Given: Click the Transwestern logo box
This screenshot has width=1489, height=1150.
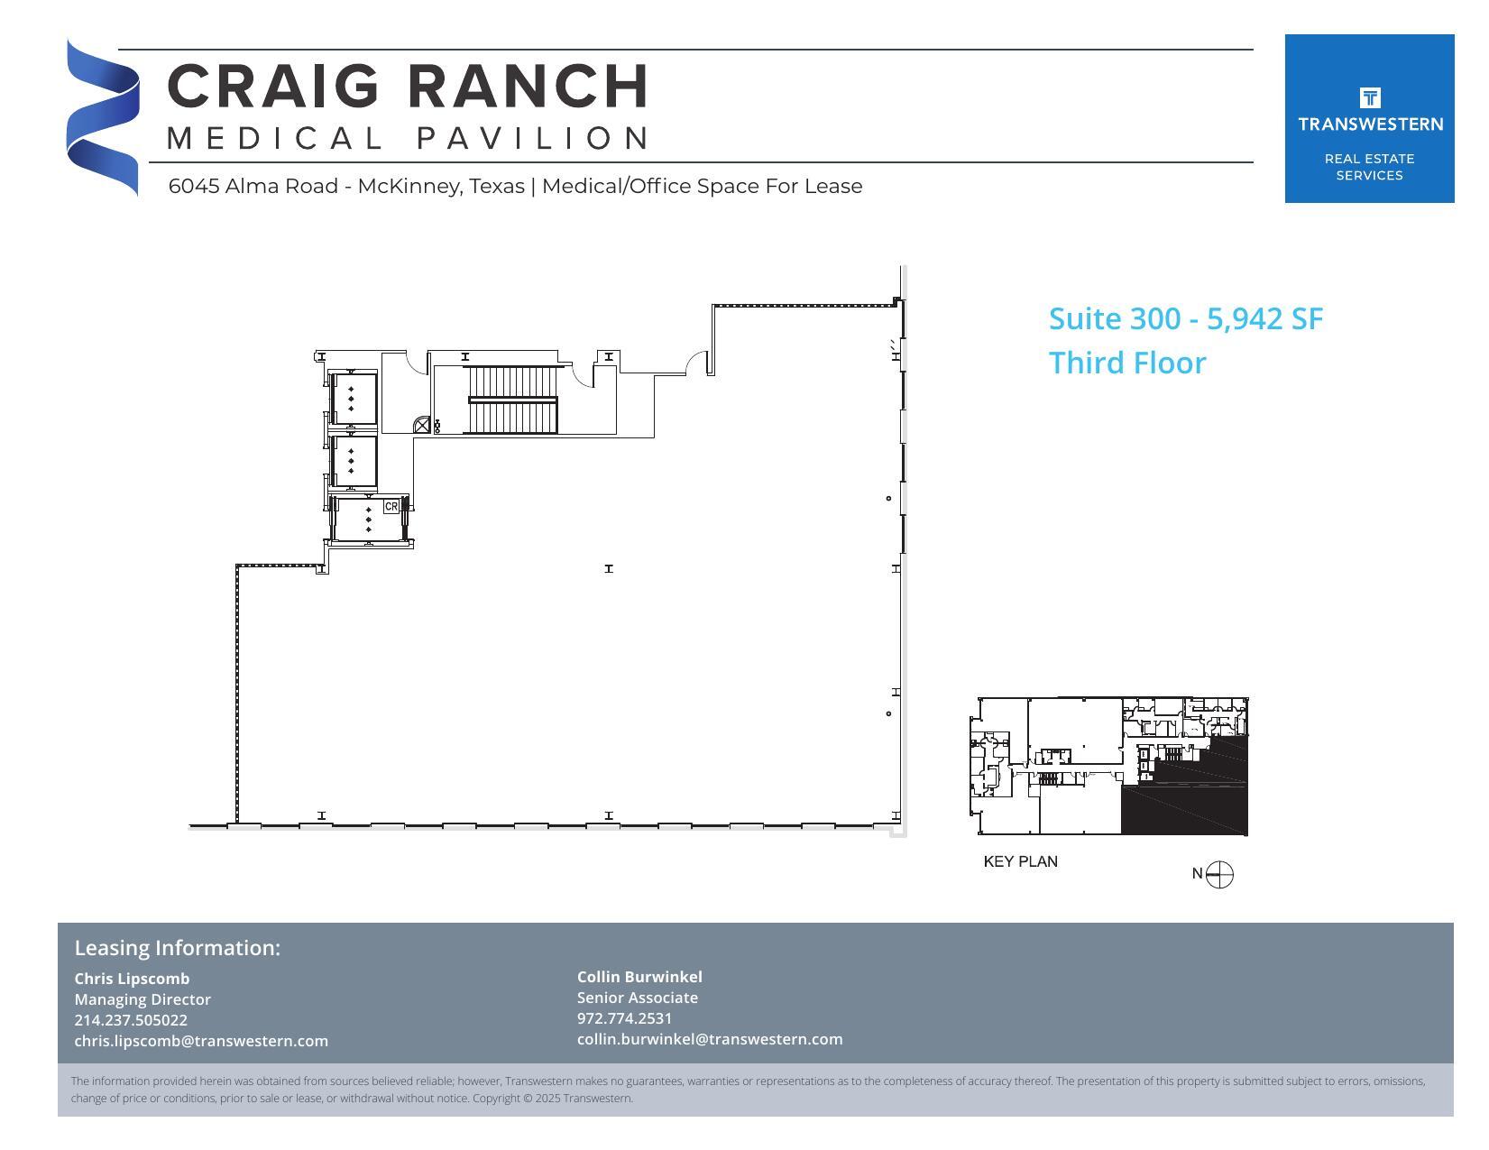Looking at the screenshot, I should (x=1369, y=118).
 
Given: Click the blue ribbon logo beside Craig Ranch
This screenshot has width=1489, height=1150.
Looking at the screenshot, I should (x=102, y=117).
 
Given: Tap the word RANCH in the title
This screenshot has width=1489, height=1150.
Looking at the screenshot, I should (x=529, y=87).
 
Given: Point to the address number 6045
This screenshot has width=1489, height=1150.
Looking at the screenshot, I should (x=194, y=187).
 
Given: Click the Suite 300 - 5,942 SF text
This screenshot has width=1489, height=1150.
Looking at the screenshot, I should (x=1185, y=319).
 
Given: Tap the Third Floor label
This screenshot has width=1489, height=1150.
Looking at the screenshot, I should (x=1127, y=363).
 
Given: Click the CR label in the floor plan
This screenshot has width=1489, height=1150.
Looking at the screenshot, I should (x=391, y=507).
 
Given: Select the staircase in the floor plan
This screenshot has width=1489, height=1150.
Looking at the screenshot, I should (x=512, y=400).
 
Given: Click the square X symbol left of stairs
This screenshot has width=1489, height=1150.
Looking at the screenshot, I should (x=422, y=425).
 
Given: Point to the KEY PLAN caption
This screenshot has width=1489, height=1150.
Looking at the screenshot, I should (x=1020, y=862).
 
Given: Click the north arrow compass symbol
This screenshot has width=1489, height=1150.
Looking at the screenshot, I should (x=1218, y=874).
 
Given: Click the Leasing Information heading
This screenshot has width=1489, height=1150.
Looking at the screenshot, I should (x=178, y=948).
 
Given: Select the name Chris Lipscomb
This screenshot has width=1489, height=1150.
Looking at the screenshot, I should (x=132, y=979).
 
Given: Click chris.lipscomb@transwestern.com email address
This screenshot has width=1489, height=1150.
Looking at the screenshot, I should (x=201, y=1041).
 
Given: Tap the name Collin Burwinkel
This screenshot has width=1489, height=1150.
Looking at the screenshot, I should (x=639, y=977).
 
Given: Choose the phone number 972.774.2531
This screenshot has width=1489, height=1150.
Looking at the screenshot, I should (x=624, y=1018).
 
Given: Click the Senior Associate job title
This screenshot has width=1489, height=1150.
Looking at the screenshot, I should (x=637, y=998).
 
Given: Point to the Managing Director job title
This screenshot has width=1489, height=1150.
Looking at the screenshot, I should (x=142, y=999).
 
